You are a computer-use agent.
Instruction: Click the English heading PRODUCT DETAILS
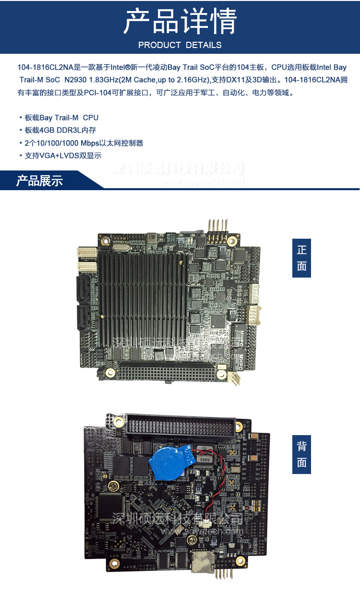[180, 45]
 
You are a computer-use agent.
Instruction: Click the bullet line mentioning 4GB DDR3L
[60, 130]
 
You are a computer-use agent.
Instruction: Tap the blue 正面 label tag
[301, 258]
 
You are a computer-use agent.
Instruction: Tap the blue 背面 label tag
[301, 454]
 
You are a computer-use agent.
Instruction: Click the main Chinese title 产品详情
[180, 22]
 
